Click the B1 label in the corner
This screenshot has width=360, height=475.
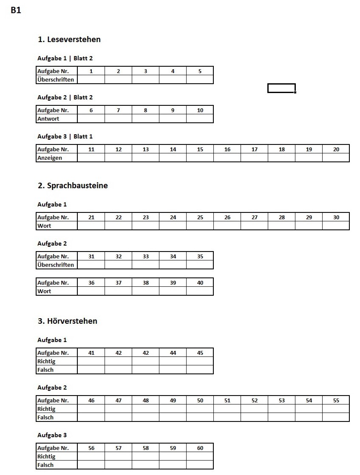click(x=16, y=11)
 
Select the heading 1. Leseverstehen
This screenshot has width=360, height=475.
click(x=69, y=40)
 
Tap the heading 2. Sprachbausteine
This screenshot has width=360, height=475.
click(x=73, y=186)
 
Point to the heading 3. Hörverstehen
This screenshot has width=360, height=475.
click(x=68, y=321)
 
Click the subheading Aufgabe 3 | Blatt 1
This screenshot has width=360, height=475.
click(x=65, y=136)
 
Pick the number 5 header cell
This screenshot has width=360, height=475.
click(x=200, y=71)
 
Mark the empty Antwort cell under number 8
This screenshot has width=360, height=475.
click(x=145, y=119)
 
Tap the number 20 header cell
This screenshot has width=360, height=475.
click(x=336, y=149)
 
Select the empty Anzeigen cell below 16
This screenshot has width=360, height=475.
click(x=227, y=158)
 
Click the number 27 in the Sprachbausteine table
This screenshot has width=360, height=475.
click(x=254, y=217)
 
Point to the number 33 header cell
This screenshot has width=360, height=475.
click(x=145, y=256)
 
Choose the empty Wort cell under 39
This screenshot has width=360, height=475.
click(x=173, y=291)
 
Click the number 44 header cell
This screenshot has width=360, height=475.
click(x=173, y=353)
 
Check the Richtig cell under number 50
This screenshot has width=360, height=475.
click(x=200, y=409)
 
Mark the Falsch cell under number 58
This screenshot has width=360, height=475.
click(x=145, y=465)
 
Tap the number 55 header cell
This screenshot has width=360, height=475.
click(x=336, y=400)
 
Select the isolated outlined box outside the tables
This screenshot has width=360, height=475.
click(x=281, y=88)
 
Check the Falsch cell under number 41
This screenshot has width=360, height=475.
click(x=91, y=370)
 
